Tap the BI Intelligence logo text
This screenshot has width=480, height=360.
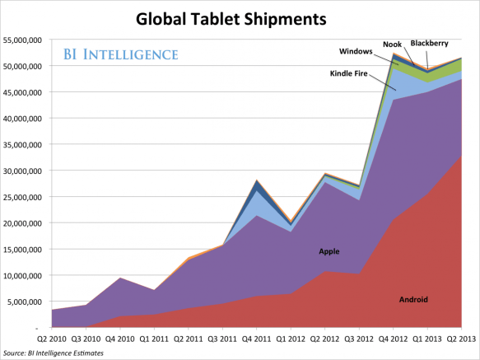tap(120, 56)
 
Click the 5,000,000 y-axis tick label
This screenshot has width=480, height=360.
tap(26, 302)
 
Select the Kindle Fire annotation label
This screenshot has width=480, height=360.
tap(355, 73)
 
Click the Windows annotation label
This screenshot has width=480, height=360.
tap(356, 52)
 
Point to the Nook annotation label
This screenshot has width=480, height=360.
tap(392, 44)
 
